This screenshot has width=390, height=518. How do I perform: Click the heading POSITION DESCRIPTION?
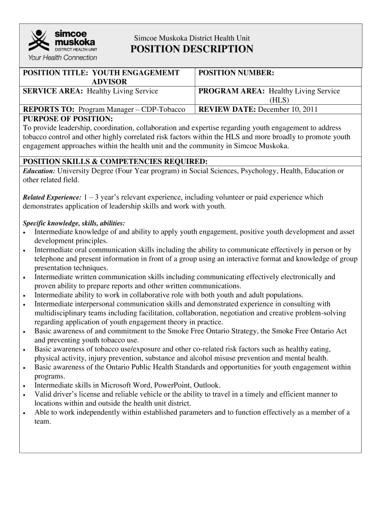[191, 49]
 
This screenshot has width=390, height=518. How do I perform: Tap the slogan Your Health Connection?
[62, 58]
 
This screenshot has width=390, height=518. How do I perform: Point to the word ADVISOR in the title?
[109, 82]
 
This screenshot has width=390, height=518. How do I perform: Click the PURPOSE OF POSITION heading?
[68, 118]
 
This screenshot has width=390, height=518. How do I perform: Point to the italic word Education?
[39, 171]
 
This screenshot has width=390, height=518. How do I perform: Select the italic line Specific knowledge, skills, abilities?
[74, 223]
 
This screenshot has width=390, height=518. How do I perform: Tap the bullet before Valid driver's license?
[25, 395]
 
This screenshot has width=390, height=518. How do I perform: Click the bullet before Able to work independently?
[25, 413]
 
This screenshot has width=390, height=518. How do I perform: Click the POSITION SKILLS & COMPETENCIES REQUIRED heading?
[115, 161]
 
